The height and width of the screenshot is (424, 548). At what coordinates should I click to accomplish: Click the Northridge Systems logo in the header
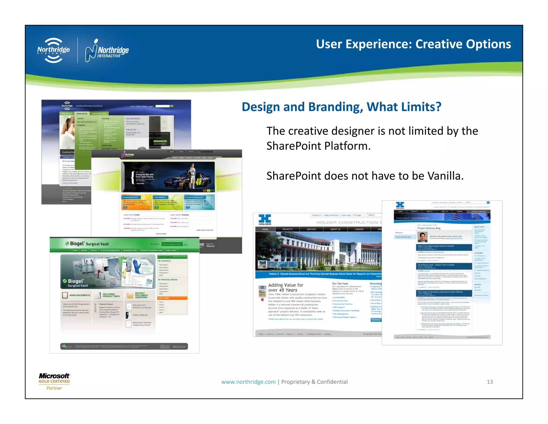click(x=54, y=50)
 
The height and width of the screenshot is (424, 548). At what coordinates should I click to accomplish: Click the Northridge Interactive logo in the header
click(x=107, y=50)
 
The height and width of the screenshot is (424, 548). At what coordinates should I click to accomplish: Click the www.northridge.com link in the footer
click(x=248, y=382)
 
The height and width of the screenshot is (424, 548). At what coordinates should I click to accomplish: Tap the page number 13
click(x=490, y=382)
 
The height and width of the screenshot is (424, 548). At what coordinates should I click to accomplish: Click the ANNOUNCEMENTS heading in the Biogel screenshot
click(x=79, y=295)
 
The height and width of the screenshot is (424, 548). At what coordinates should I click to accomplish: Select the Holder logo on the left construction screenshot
click(x=265, y=220)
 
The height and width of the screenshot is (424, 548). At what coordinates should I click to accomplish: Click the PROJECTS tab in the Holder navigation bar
click(x=287, y=229)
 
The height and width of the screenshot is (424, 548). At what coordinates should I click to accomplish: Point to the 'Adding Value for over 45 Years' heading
click(x=286, y=288)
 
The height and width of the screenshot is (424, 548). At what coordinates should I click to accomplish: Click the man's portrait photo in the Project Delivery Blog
click(x=422, y=237)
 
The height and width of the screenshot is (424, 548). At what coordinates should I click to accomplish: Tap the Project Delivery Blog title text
click(x=429, y=228)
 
